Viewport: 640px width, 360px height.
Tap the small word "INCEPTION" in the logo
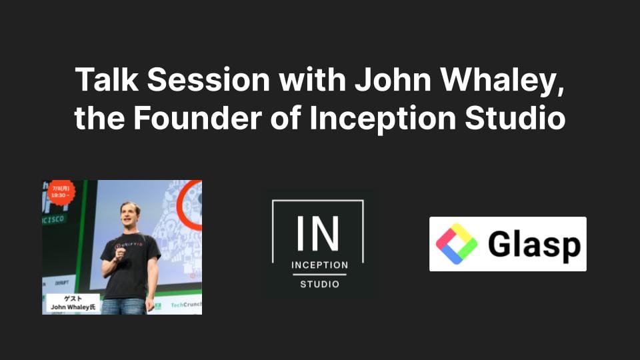pyautogui.click(x=319, y=265)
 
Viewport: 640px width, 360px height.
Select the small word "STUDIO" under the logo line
pyautogui.click(x=319, y=285)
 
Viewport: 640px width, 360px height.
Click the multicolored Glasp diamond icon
pyautogui.click(x=456, y=244)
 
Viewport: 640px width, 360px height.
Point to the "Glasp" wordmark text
pyautogui.click(x=533, y=245)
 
